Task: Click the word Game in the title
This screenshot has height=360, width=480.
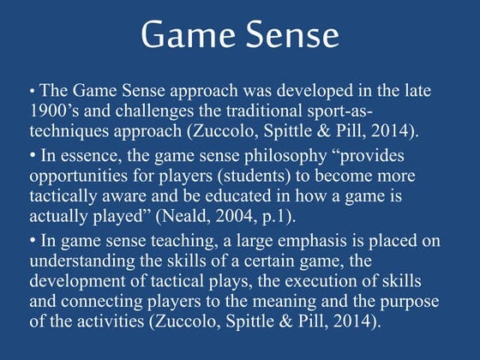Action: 189,36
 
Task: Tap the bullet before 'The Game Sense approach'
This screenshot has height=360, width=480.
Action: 32,90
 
